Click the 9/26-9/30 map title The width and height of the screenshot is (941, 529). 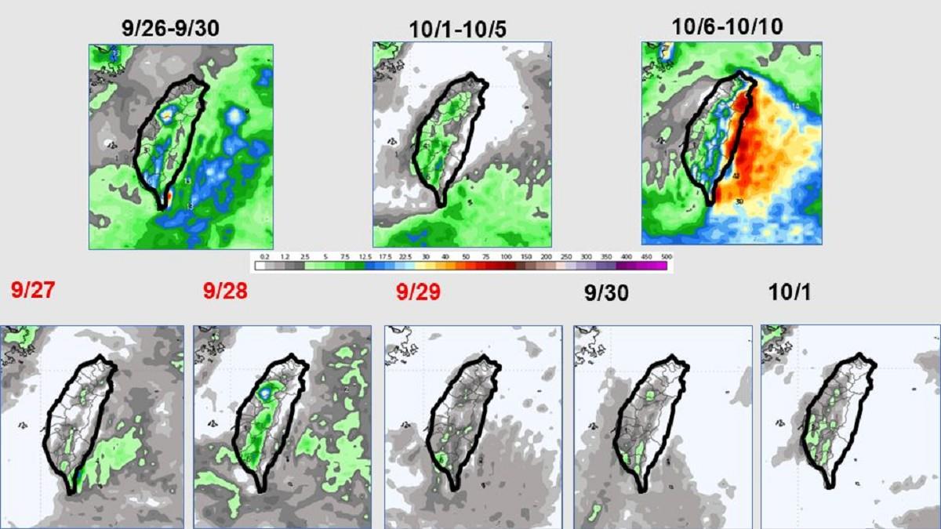point(170,28)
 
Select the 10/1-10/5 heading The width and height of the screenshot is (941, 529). point(458,29)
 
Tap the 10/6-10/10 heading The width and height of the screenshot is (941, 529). point(727,27)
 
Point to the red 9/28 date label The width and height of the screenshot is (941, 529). point(225,292)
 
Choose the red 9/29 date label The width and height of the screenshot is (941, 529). point(418,292)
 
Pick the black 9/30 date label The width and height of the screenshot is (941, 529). point(606,293)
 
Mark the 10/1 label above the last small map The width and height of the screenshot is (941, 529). point(790,292)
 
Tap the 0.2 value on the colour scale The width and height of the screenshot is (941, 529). point(265,256)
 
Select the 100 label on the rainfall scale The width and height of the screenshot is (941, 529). point(506,256)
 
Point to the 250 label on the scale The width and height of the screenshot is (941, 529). point(566,256)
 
